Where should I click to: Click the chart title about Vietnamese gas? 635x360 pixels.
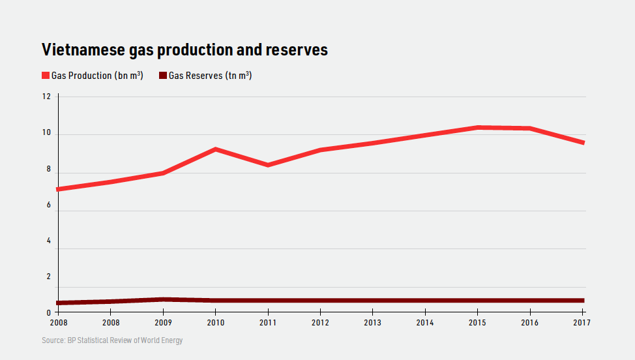(x=185, y=50)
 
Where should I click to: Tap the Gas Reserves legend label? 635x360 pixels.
(x=210, y=76)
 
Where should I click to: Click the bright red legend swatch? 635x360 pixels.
(x=46, y=76)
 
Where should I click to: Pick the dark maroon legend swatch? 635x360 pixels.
(x=163, y=76)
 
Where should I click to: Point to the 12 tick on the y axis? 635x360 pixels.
(x=46, y=97)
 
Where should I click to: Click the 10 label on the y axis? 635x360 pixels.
(x=46, y=134)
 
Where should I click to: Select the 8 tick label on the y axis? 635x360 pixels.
(x=47, y=173)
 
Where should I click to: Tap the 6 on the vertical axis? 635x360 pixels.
(x=47, y=211)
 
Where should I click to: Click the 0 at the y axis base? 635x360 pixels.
(x=48, y=312)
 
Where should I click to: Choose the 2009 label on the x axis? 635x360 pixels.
(x=163, y=323)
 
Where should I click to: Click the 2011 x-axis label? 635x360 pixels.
(x=268, y=323)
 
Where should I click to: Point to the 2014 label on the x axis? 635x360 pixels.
(x=425, y=323)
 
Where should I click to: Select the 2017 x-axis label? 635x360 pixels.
(x=582, y=323)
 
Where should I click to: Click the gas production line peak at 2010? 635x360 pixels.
(x=215, y=149)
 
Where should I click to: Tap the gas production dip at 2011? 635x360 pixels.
(x=268, y=164)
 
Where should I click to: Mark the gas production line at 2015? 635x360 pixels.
(x=478, y=127)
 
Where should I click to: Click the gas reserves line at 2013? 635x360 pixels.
(x=373, y=301)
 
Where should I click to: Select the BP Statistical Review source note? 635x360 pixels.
(x=112, y=340)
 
